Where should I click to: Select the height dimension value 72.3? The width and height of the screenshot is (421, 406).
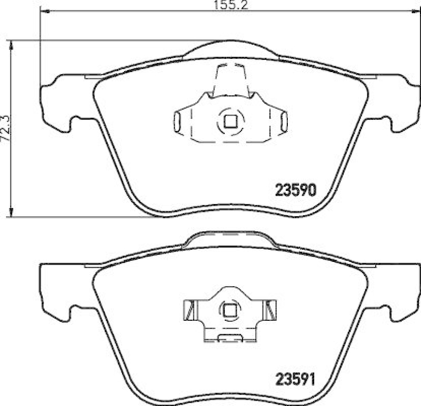click(x=6, y=127)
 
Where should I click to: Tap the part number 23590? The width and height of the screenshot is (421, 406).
click(x=295, y=189)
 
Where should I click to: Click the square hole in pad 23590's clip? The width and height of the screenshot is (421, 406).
click(x=229, y=121)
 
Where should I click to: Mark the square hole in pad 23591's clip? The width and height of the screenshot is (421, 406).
click(x=229, y=311)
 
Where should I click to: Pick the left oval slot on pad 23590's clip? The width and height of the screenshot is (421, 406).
click(x=177, y=121)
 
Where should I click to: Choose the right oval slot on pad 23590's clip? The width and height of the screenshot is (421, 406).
click(x=283, y=121)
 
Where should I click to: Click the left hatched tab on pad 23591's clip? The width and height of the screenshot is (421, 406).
click(x=188, y=308)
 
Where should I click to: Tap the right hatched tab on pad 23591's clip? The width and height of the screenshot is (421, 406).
click(x=270, y=308)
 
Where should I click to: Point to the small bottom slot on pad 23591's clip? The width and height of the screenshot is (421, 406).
click(x=229, y=338)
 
